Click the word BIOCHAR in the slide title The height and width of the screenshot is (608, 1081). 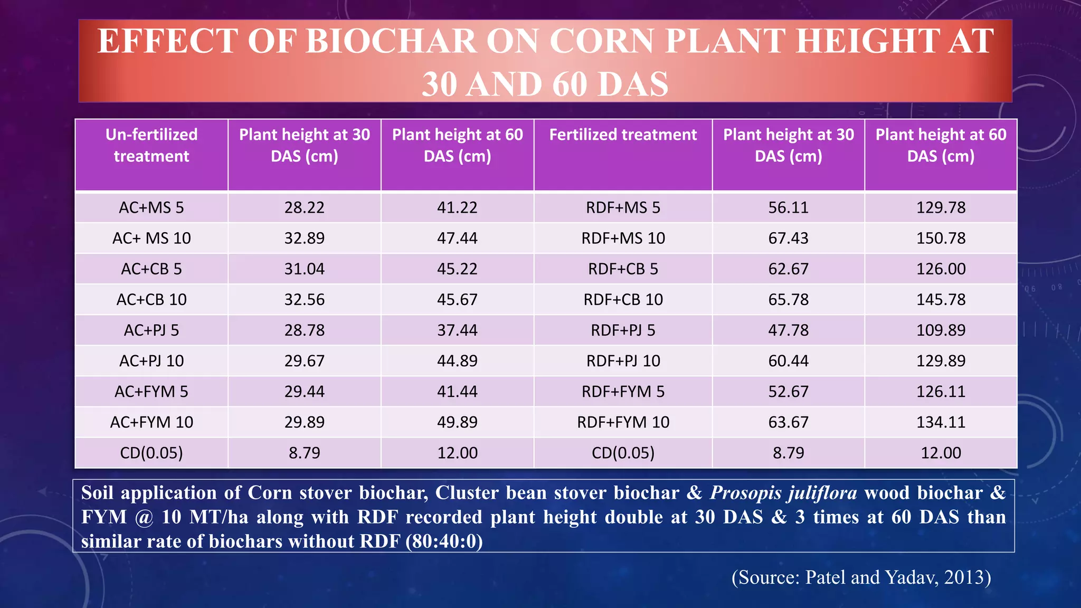(391, 41)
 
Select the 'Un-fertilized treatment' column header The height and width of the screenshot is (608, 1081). (151, 145)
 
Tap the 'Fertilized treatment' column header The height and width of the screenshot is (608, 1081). (623, 135)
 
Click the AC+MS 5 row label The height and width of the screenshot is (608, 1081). (151, 207)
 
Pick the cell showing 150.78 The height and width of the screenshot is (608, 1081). (941, 238)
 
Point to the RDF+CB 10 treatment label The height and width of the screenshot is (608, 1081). (623, 299)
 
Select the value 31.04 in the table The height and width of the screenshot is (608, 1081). (305, 269)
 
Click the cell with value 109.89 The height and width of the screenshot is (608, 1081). (941, 330)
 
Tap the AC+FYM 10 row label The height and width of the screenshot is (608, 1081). (151, 422)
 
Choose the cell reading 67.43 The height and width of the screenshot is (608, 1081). (788, 238)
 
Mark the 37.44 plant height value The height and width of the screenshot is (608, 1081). (457, 330)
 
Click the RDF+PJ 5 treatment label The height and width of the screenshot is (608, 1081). (623, 330)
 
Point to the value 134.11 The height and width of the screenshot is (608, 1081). (941, 422)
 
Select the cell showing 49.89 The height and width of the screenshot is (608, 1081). (457, 422)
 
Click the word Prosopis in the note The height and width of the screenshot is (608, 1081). (745, 493)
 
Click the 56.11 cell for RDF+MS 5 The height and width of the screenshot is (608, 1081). (788, 207)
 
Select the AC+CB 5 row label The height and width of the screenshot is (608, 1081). (151, 269)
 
